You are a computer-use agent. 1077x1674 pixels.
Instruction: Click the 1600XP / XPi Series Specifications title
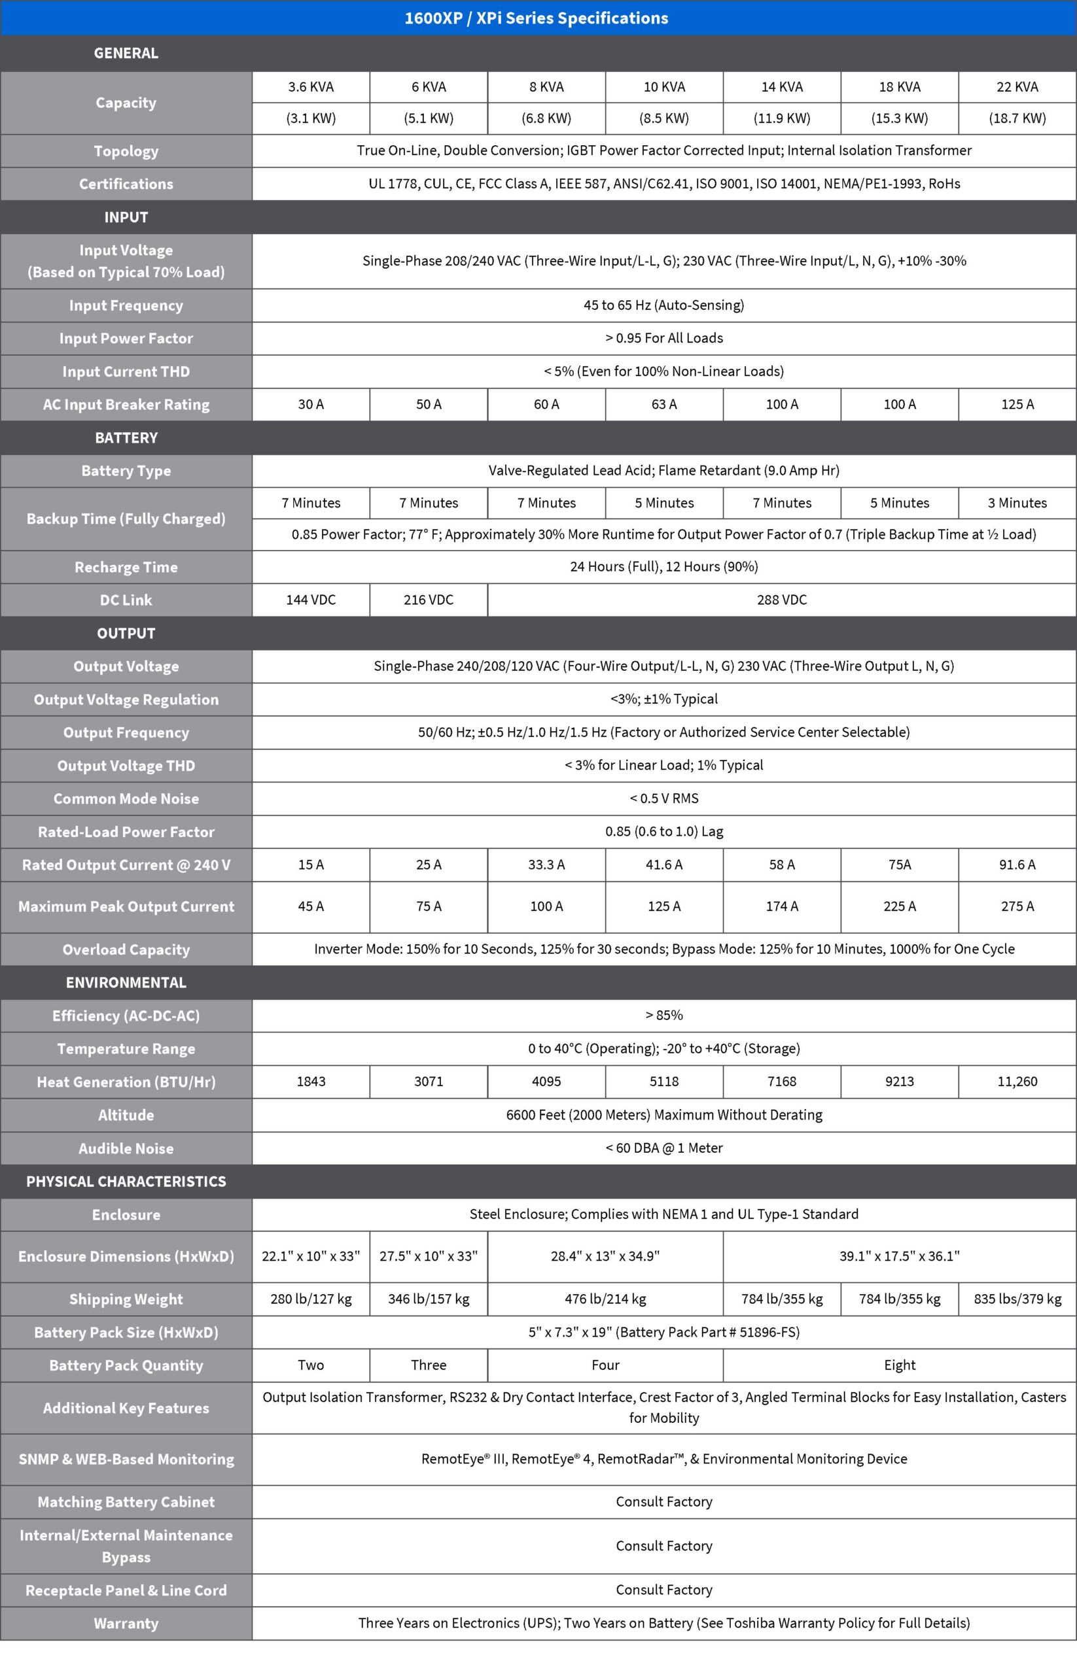pos(537,18)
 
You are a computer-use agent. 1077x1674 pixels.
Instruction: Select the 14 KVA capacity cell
pos(781,87)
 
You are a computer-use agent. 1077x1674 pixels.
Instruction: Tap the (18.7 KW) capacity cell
pos(1017,118)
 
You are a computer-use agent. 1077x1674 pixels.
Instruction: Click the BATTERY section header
pos(126,437)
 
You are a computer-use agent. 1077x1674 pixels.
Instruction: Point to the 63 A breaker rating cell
pos(663,404)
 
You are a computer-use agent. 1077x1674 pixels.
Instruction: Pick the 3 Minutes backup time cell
pos(1017,503)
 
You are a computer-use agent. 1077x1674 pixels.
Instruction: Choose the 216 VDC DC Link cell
pos(428,600)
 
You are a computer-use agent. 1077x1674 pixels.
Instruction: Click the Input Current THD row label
pos(126,371)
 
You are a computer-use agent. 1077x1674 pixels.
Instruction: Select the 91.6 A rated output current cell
pos(1017,864)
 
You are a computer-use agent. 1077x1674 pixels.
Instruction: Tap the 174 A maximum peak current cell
pos(781,906)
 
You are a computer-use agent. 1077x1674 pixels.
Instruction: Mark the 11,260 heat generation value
pos(1017,1082)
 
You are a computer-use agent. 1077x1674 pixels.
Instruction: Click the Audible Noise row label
pos(126,1148)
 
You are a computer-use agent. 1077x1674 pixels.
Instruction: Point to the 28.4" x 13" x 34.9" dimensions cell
pos(605,1256)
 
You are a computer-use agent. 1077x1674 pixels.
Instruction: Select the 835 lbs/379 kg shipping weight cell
pos(1017,1299)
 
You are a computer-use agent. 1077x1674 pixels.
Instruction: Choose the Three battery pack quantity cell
pos(428,1365)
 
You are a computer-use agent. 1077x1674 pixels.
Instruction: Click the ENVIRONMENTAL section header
pos(126,982)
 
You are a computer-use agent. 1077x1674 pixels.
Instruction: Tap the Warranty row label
pos(126,1623)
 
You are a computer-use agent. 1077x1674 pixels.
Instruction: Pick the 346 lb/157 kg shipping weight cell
pos(428,1299)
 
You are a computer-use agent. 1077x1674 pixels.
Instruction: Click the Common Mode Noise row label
pos(126,798)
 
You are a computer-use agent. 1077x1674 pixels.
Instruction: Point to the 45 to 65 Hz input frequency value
pos(663,305)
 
